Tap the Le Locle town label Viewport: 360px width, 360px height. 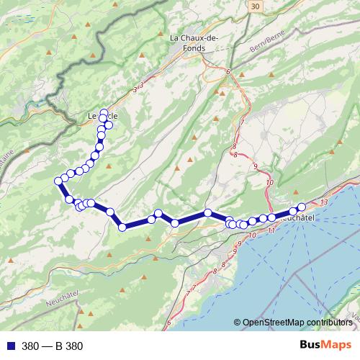click(102, 115)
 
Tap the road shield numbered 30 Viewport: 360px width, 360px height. click(254, 5)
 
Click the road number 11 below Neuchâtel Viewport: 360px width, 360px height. click(270, 230)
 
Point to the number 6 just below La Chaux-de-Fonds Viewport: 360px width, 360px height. click(228, 72)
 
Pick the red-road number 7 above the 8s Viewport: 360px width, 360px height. click(243, 122)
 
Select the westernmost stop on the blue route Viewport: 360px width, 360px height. click(58, 181)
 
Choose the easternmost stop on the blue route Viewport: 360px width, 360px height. click(302, 207)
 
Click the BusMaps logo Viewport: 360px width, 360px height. click(325, 346)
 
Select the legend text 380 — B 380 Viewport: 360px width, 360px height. click(52, 346)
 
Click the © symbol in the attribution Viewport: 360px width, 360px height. click(237, 323)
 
